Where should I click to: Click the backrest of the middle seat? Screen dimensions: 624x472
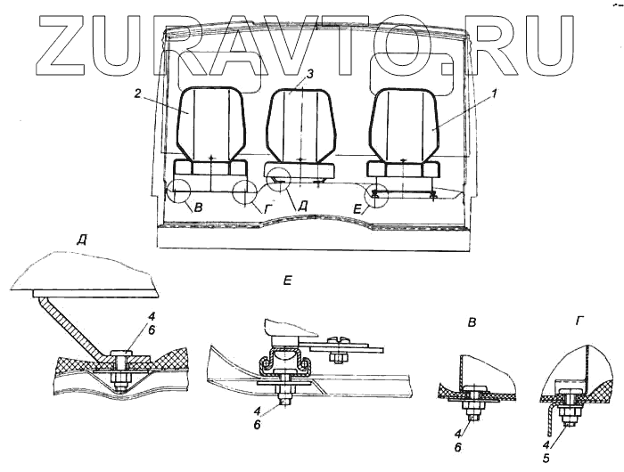tap(300, 125)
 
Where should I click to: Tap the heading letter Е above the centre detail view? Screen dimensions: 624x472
tap(288, 281)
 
